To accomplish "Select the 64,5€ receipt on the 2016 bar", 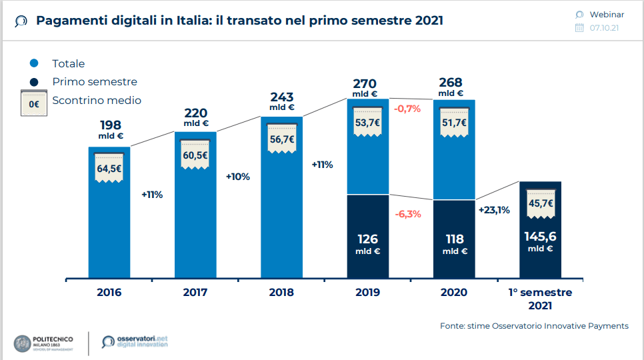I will pos(109,169).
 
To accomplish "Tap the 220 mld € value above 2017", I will pos(196,117).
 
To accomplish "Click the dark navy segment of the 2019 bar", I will pos(367,237).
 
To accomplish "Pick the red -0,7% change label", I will pos(407,109).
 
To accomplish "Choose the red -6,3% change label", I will pos(407,215).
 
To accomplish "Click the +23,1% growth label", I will pos(494,210).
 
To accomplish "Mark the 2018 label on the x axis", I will pos(281,293).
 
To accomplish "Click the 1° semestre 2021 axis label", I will pos(540,299).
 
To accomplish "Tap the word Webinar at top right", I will pos(607,15).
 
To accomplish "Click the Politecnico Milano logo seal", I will pos(22,343).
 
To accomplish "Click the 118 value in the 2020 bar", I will pos(453,239).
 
